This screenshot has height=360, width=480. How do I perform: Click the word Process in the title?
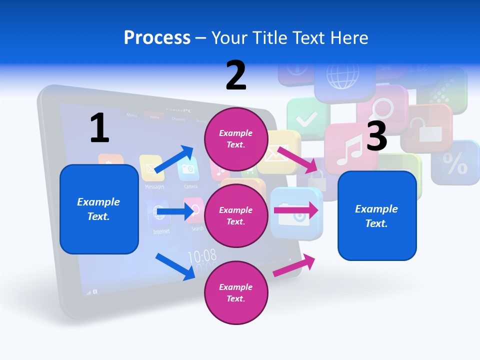point(157,38)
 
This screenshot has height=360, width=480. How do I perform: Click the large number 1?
point(99,128)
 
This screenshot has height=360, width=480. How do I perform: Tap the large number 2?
point(236,75)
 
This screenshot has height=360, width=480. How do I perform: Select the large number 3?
point(376,136)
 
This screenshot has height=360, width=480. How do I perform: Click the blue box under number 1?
point(99,209)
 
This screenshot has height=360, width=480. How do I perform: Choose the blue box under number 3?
point(377,215)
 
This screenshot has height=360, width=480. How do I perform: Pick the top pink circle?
point(235,138)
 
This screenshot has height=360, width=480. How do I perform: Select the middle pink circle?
point(235,215)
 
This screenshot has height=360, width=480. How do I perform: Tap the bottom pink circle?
point(235,292)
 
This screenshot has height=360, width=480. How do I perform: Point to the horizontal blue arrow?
point(174,212)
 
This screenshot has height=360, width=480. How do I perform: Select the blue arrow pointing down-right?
point(175,266)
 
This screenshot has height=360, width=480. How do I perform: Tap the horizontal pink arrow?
point(296,210)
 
